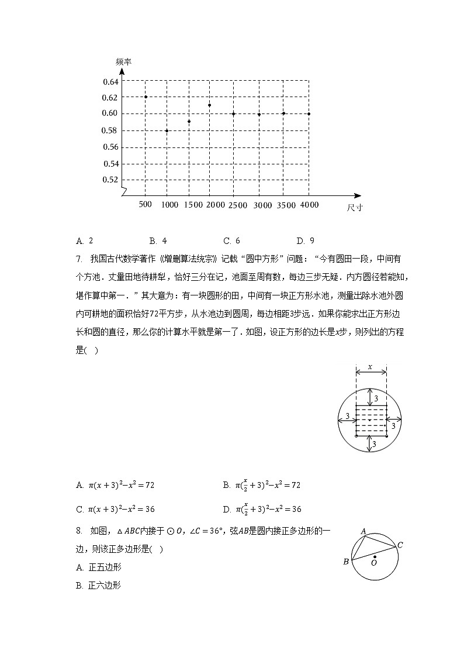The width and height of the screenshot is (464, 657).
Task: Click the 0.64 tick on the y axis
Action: point(110,81)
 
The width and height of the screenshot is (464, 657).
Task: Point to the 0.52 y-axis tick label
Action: point(110,180)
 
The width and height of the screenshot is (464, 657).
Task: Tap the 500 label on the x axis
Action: point(146,204)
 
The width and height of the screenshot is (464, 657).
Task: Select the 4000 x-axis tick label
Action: point(309,204)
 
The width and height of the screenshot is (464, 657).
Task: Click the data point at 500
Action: point(146,97)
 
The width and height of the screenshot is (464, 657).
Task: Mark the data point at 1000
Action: point(167,130)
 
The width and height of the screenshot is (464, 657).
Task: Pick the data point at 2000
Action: point(209,105)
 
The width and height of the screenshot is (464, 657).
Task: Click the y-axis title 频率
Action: point(122,61)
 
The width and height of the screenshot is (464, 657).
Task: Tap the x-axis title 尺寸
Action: point(354,208)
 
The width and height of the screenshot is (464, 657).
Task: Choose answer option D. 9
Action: point(306,240)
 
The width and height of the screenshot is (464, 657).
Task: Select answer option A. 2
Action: point(85,240)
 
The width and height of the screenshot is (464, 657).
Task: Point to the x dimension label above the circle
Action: point(370,367)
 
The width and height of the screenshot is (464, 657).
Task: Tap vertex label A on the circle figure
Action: point(363,532)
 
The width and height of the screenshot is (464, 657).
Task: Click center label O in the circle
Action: point(374,562)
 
